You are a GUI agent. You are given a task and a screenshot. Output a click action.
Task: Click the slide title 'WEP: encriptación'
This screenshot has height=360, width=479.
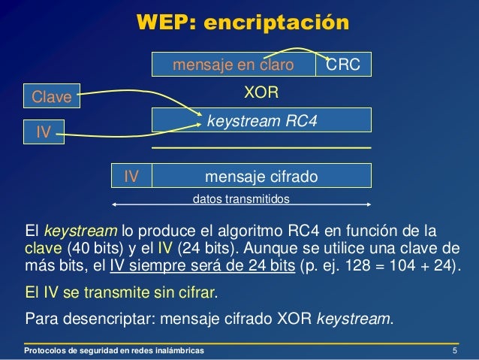tap(243, 23)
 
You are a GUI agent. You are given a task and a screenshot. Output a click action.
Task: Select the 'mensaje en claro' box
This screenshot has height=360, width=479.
tap(233, 65)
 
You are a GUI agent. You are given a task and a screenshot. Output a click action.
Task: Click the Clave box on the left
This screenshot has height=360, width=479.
tap(51, 96)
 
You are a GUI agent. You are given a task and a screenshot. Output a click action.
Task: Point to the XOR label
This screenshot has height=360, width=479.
tap(262, 93)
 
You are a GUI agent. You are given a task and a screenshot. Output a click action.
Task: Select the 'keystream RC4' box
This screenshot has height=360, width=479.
tap(262, 119)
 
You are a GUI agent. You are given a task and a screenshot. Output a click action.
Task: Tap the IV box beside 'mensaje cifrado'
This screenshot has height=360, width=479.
tap(131, 176)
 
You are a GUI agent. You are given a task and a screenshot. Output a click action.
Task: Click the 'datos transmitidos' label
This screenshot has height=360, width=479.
tap(241, 200)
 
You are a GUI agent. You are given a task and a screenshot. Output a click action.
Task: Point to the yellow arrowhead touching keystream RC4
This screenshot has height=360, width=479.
tap(200, 116)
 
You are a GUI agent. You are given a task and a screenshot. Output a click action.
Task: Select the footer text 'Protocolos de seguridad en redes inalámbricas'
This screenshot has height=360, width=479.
tap(113, 351)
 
